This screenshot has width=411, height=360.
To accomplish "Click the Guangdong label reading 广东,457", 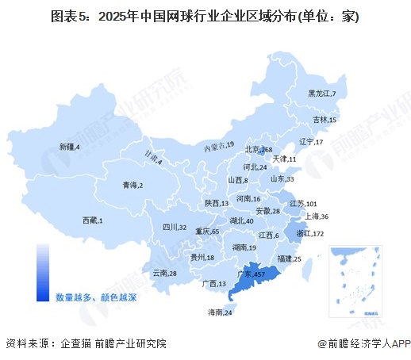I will [x=249, y=274].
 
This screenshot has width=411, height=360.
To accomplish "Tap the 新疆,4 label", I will [x=71, y=147].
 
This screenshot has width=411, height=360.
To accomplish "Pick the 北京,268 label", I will [x=259, y=150].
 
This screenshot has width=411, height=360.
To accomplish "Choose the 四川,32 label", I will [x=175, y=228].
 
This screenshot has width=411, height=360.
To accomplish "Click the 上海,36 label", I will [x=315, y=216].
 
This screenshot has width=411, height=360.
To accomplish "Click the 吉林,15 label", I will [x=325, y=120].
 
